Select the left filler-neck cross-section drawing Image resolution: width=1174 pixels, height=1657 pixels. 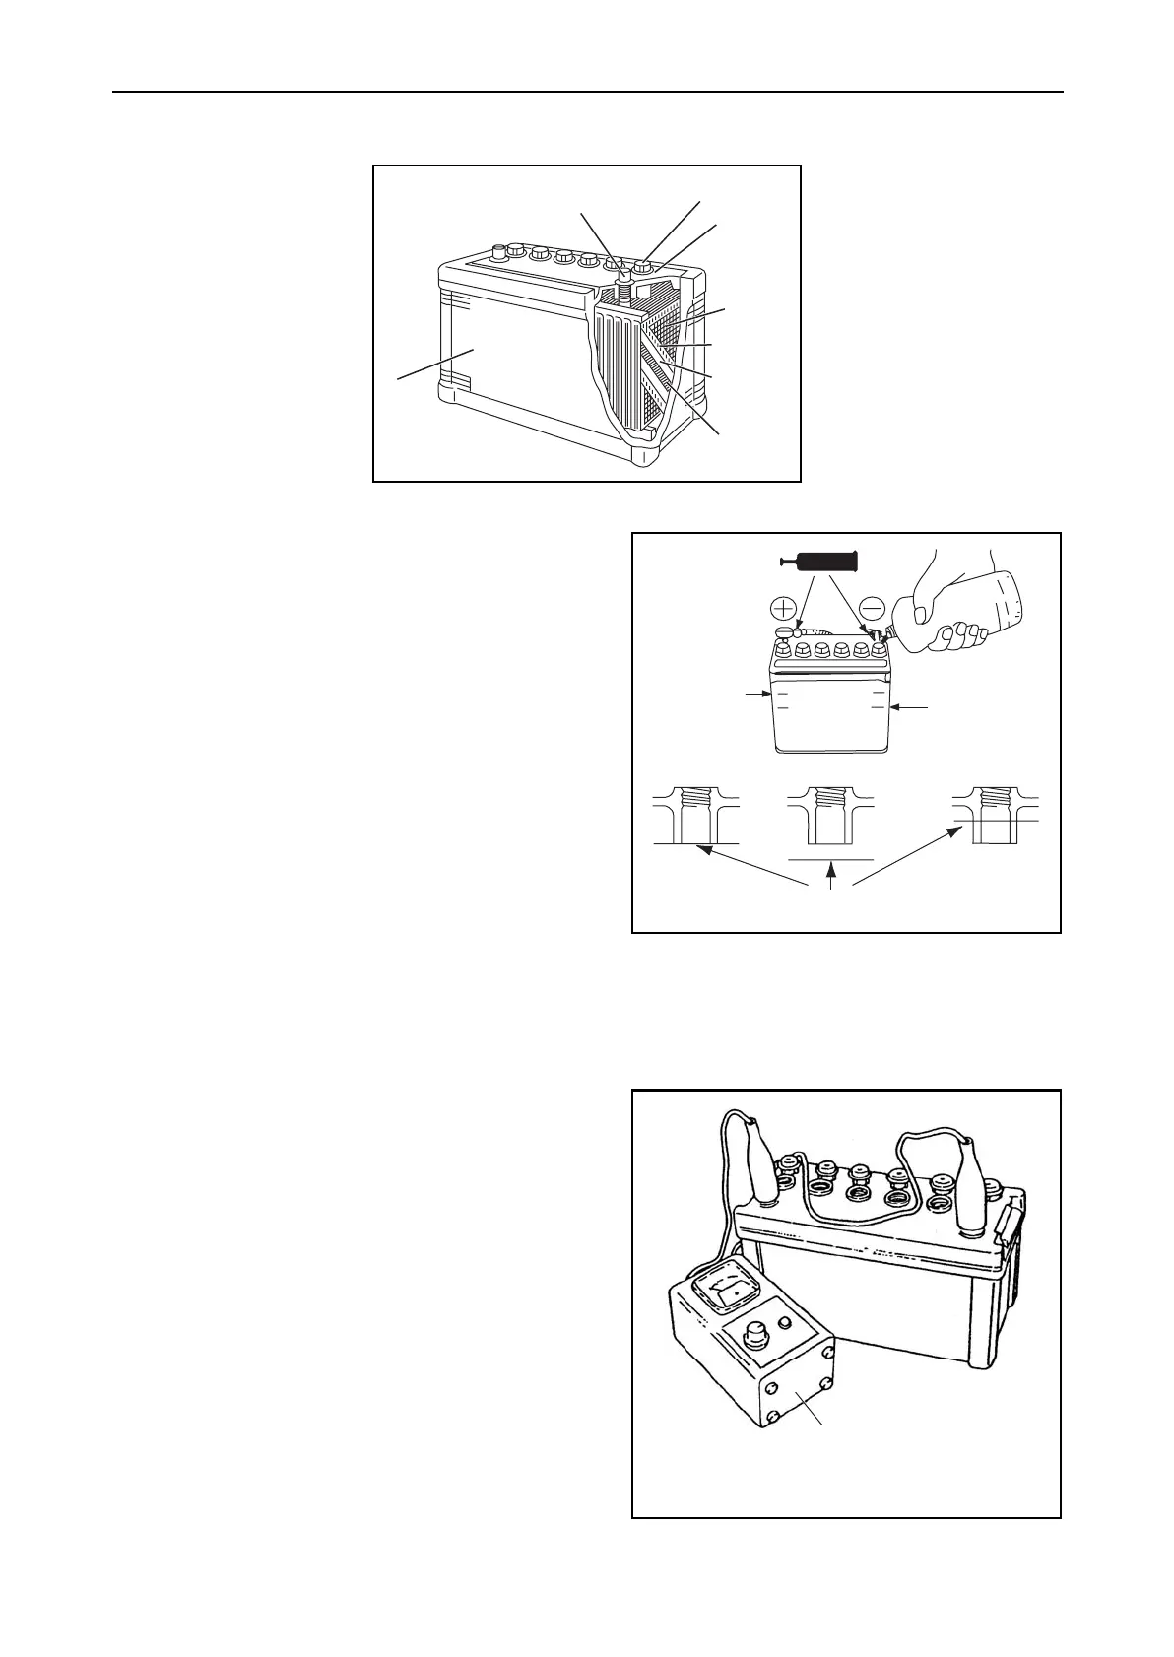tap(696, 815)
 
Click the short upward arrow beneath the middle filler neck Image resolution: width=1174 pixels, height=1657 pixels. tap(833, 871)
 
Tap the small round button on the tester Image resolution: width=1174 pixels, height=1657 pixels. tap(785, 1323)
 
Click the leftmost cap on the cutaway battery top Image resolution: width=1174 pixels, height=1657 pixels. tap(498, 251)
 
